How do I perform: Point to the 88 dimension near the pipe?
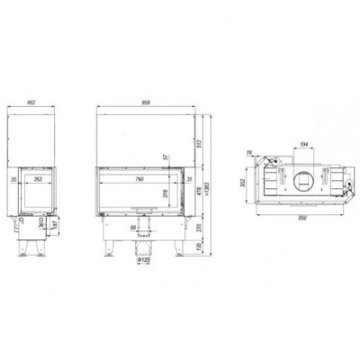133,229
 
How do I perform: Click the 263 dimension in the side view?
37,180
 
